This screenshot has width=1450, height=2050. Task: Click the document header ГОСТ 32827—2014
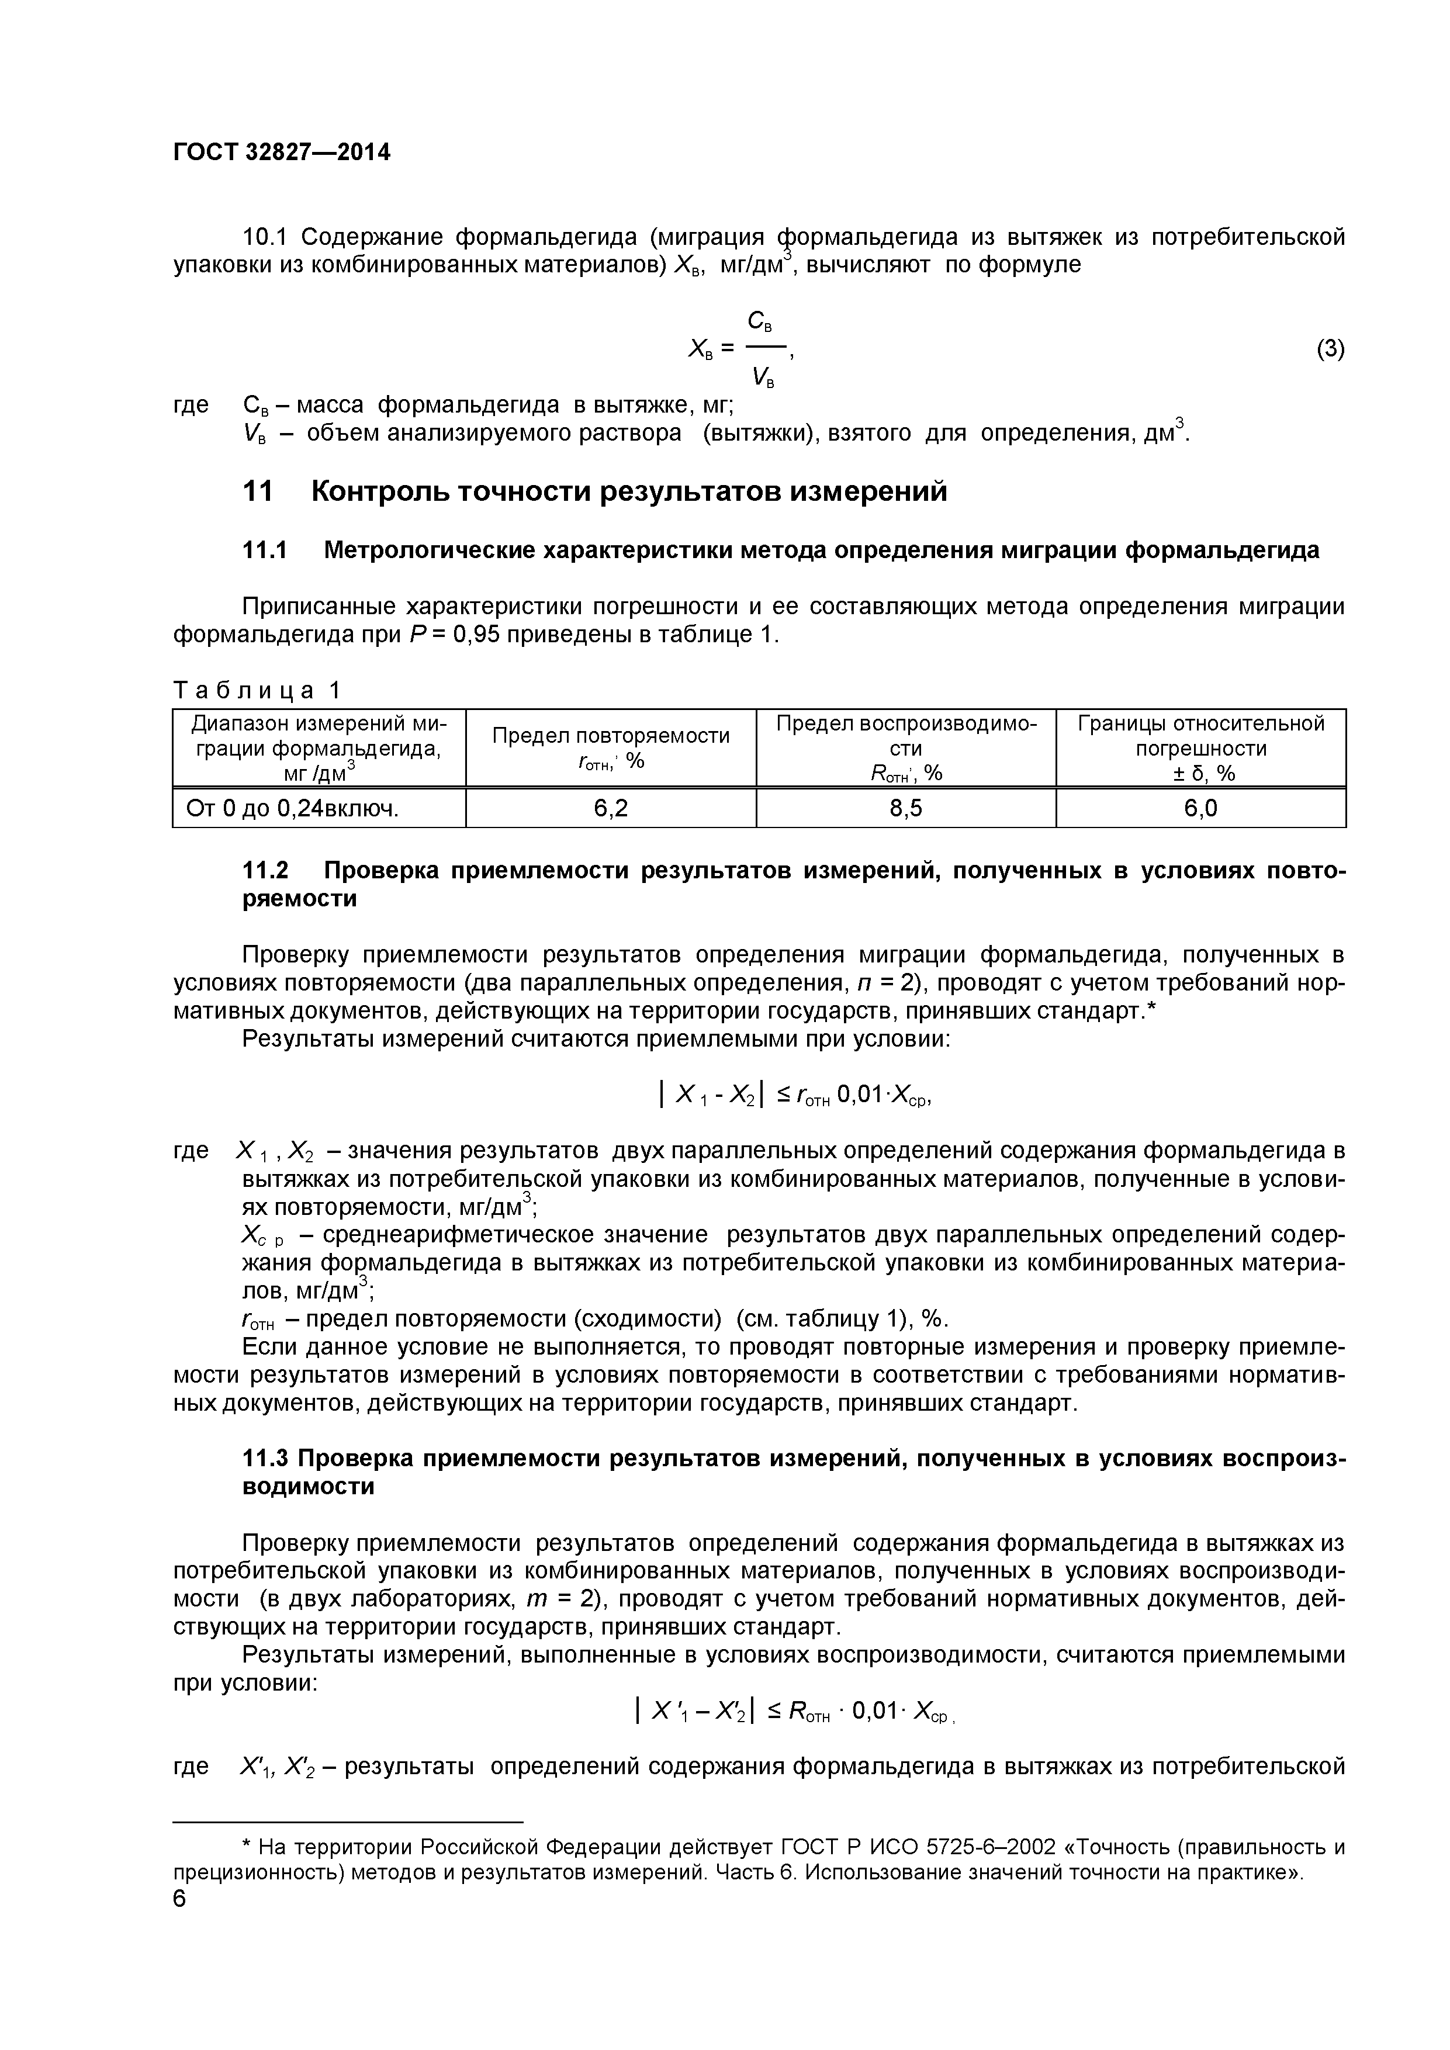281,153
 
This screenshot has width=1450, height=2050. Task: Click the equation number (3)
1330,349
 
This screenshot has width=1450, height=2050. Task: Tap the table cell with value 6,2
611,808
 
